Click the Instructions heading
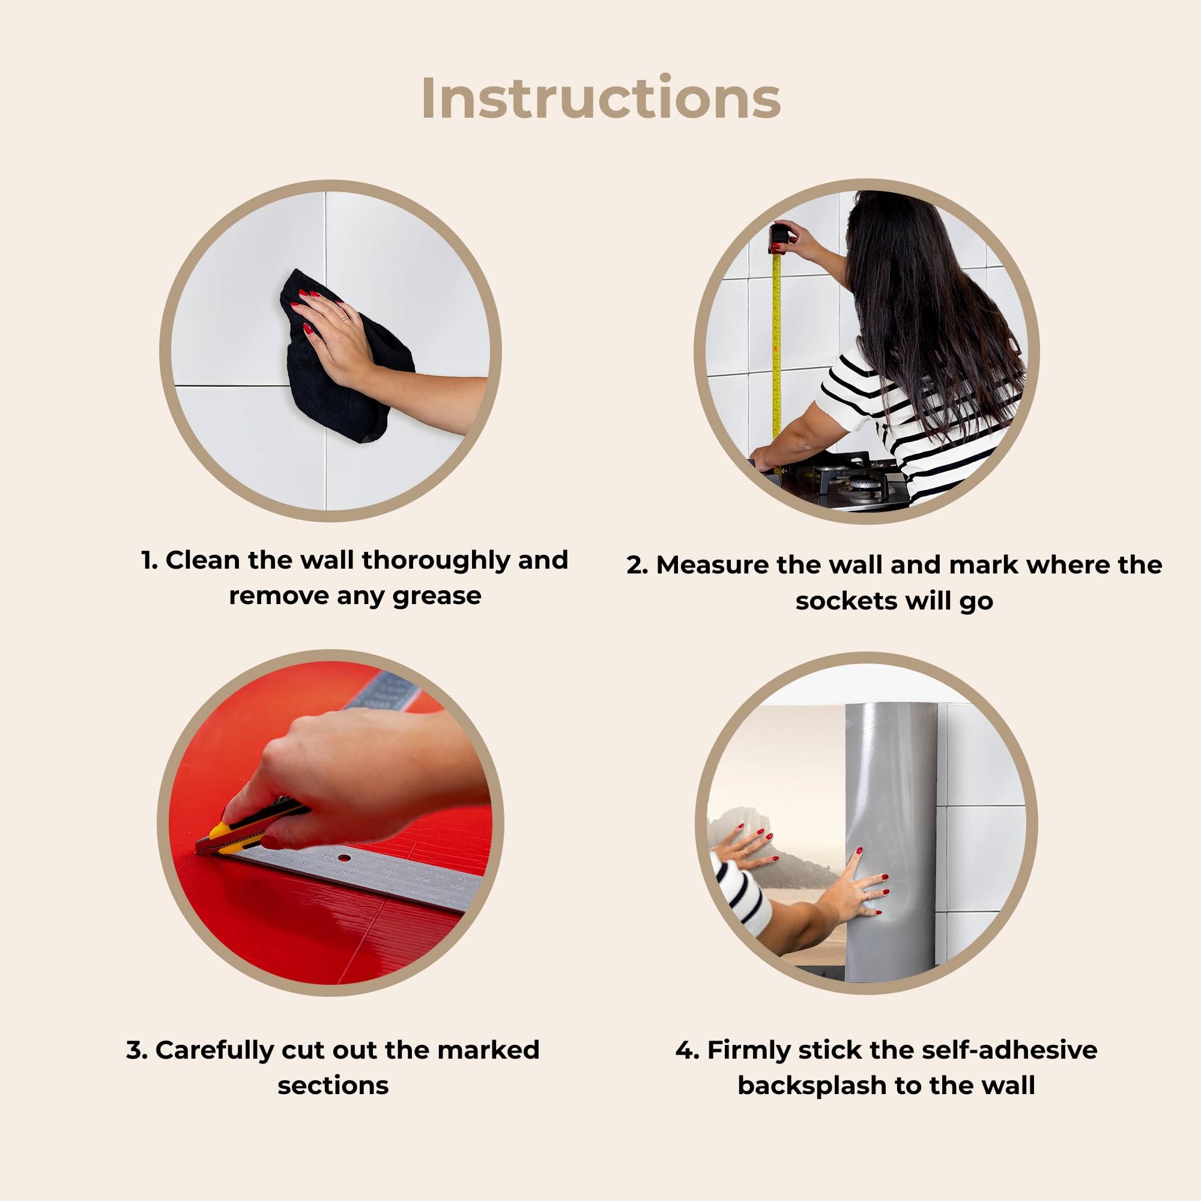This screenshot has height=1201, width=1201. [600, 98]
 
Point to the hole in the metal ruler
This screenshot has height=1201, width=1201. [343, 859]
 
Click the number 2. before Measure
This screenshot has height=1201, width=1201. [637, 565]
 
